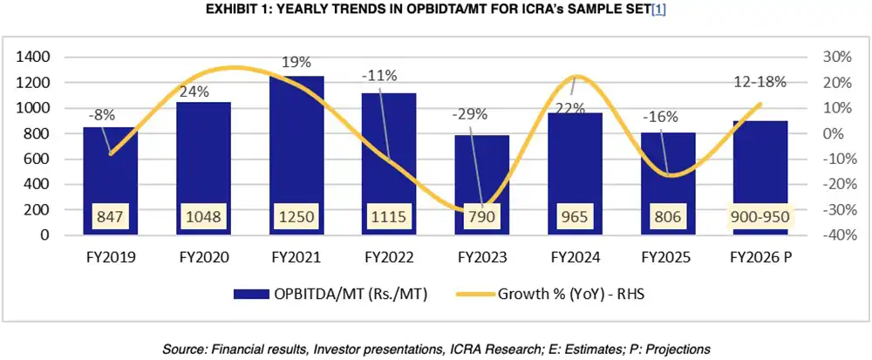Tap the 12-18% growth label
pyautogui.click(x=760, y=82)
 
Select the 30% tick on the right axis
pyautogui.click(x=834, y=58)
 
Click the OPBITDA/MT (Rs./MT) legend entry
pyautogui.click(x=342, y=295)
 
